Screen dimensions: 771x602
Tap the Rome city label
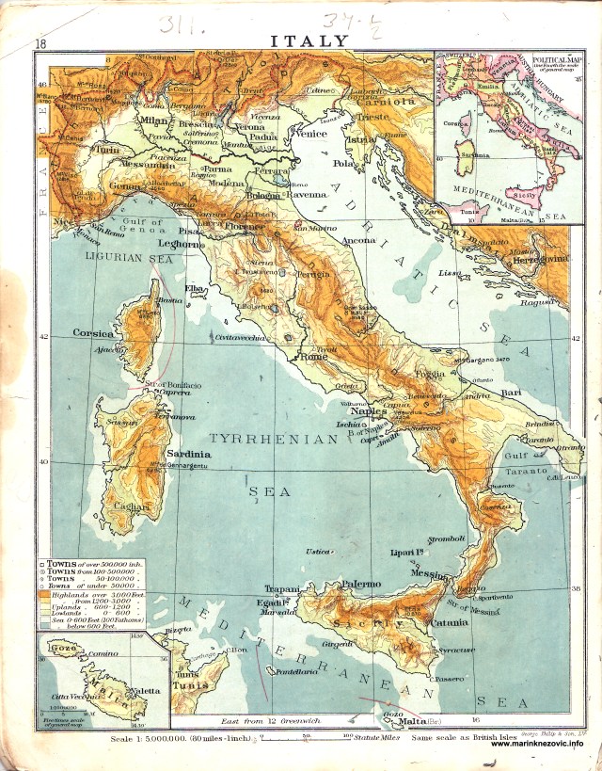311,357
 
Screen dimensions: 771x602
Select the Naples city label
369,410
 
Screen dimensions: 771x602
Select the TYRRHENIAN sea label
273,440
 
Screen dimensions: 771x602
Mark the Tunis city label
188,685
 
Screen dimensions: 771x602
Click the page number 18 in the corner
40,43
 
